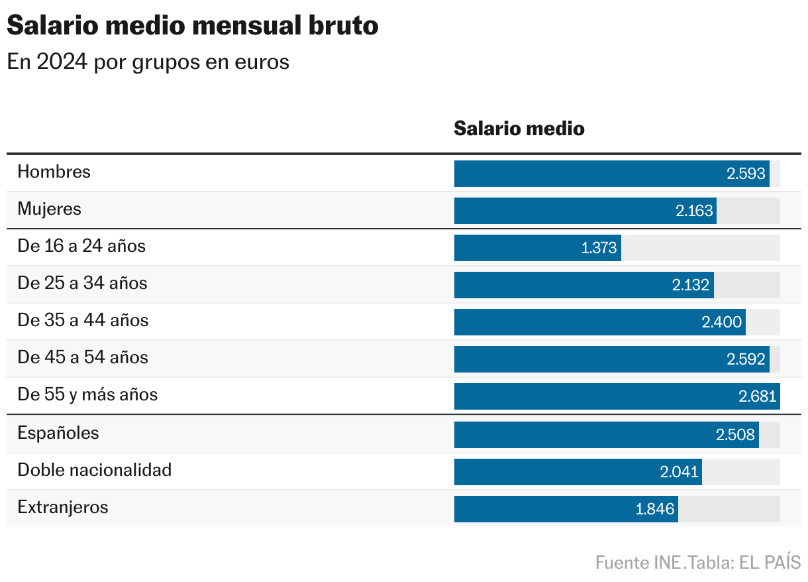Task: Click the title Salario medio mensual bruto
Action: (x=193, y=26)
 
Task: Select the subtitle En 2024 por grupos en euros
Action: (x=148, y=62)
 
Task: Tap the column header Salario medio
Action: (x=519, y=128)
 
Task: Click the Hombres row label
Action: (x=54, y=172)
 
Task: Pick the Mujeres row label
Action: (x=49, y=209)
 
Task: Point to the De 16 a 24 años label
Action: (x=81, y=246)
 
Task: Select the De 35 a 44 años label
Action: (x=83, y=320)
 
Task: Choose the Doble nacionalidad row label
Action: (x=94, y=470)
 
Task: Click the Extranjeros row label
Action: (x=62, y=507)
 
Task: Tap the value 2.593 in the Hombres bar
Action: (x=746, y=174)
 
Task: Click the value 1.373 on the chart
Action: (x=599, y=248)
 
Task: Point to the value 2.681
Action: (x=757, y=396)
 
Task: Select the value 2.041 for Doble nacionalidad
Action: (x=679, y=472)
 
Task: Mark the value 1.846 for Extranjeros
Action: (x=654, y=509)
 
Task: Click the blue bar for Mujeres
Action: (x=563, y=211)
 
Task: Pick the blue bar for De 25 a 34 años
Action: (x=563, y=285)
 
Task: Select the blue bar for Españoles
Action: (x=583, y=435)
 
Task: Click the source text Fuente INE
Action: (x=638, y=563)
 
